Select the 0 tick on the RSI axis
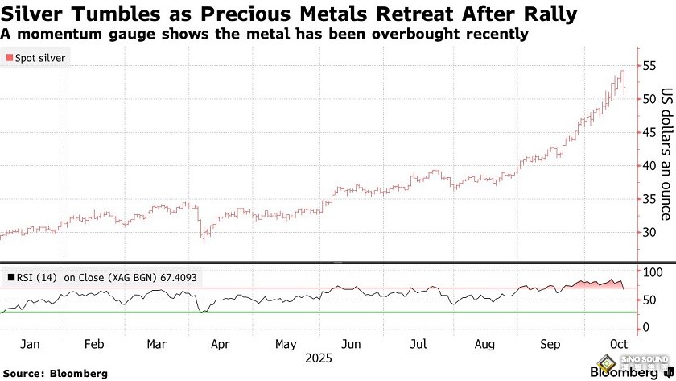pos(645,328)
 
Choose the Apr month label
pos(221,344)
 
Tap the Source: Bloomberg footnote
pos(56,373)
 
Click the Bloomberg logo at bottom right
pos(624,372)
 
